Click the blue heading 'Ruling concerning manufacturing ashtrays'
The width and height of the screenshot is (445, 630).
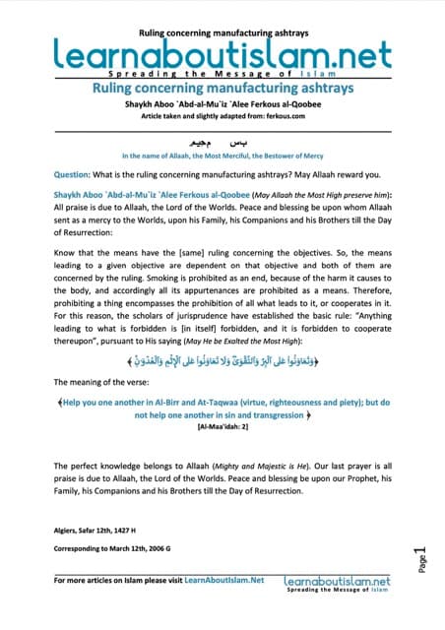coord(222,87)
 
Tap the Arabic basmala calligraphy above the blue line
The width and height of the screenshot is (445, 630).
coord(222,141)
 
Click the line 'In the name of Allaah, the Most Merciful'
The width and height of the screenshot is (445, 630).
coord(222,156)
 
